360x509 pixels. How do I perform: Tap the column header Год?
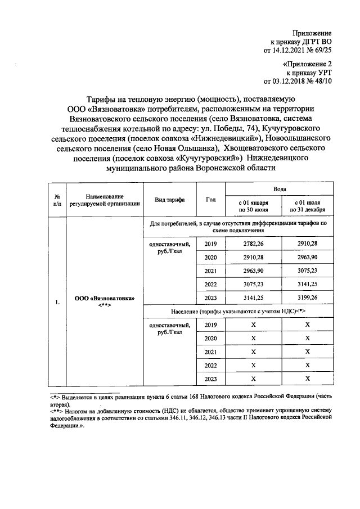[x=211, y=200]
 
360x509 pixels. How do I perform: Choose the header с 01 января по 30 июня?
[x=253, y=206]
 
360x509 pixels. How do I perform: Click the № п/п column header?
[x=57, y=200]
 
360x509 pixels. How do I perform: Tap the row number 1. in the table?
[x=57, y=302]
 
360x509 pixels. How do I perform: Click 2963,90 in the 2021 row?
[x=253, y=271]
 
